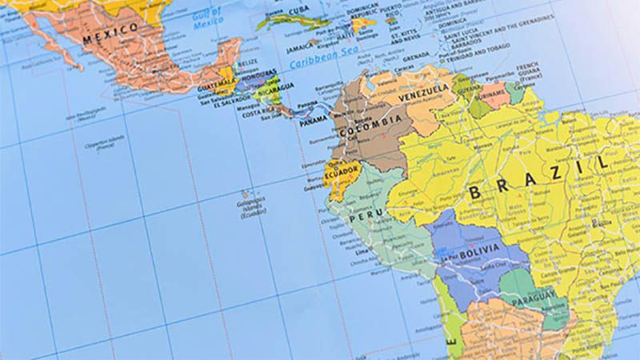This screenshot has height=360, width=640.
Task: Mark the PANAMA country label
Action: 314,120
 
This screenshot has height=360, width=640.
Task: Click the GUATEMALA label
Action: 215,83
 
